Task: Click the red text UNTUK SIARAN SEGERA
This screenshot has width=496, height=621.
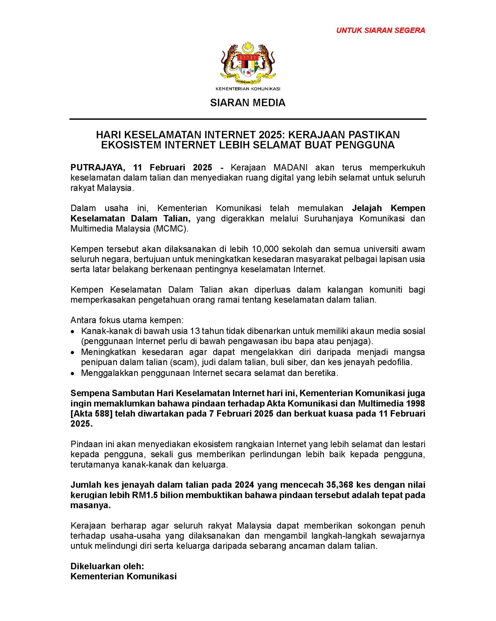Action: [x=381, y=30]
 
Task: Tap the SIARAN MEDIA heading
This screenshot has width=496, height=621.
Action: [x=248, y=103]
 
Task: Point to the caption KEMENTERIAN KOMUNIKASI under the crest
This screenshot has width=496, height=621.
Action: [x=248, y=89]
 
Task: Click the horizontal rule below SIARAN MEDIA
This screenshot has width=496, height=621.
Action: [x=248, y=119]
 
